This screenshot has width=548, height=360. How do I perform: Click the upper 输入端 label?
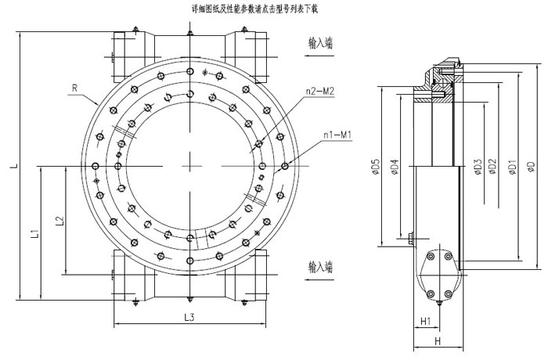(x=321, y=45)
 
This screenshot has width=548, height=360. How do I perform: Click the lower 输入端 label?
(x=321, y=267)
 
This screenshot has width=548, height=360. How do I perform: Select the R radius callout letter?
(x=74, y=89)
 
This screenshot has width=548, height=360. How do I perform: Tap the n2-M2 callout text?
(x=320, y=92)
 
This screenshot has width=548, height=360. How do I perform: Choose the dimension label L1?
(x=34, y=232)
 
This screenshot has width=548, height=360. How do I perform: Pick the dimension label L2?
(x=59, y=221)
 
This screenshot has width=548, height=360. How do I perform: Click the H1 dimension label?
(x=425, y=322)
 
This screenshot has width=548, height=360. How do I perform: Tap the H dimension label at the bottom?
(x=438, y=341)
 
